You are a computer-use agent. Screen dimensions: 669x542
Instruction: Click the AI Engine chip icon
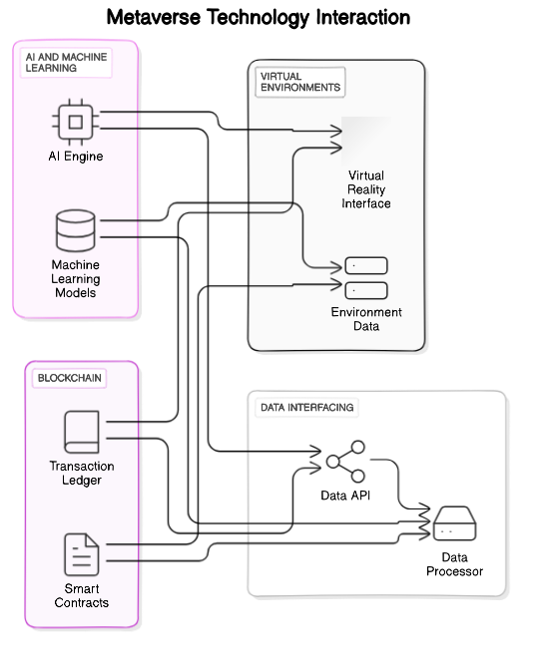pos(76,121)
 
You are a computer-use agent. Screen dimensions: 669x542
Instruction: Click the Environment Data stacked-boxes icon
pos(365,277)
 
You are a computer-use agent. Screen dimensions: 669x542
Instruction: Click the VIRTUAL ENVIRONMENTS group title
pos(299,81)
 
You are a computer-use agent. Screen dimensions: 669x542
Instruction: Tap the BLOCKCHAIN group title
pos(70,378)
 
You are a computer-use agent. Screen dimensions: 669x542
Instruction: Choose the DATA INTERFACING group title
pos(305,408)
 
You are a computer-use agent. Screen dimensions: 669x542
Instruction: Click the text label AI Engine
pos(76,157)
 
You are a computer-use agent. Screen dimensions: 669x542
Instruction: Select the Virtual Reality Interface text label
pos(366,189)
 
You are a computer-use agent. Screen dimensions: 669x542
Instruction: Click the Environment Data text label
pos(366,319)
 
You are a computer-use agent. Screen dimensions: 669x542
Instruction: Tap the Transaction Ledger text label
pos(82,473)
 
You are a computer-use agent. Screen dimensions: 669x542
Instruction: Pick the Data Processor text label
pos(455,564)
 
